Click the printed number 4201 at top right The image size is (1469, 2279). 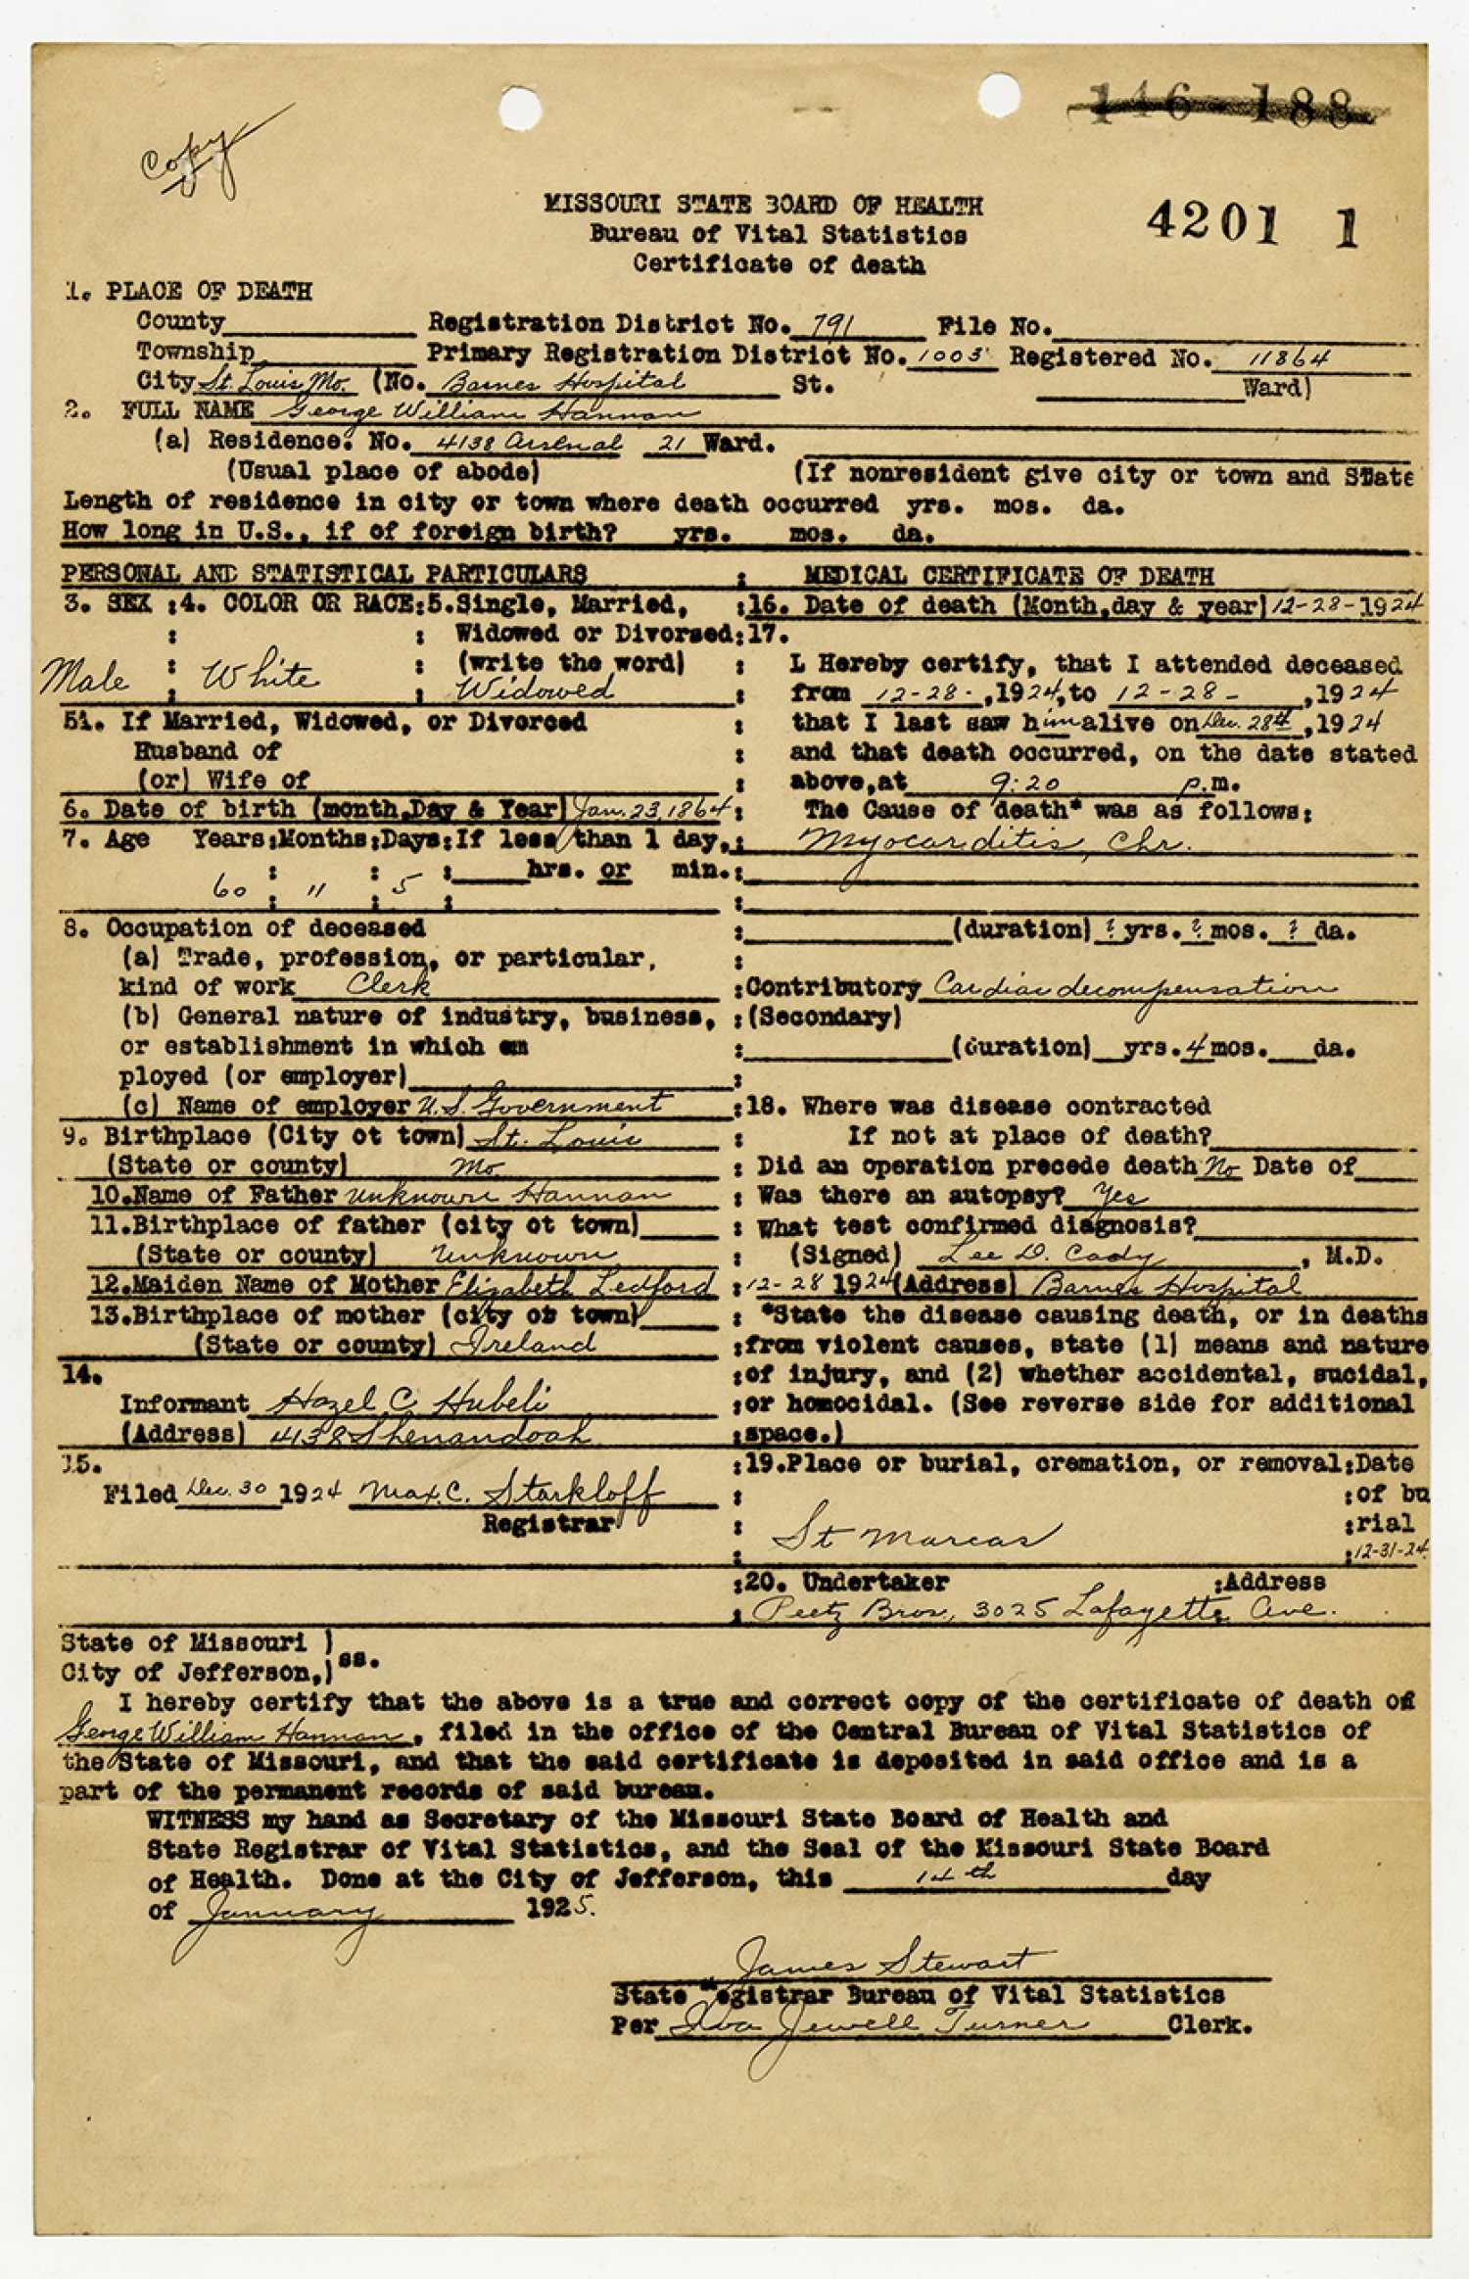[1213, 224]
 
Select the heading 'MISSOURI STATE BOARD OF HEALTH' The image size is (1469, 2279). [763, 206]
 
